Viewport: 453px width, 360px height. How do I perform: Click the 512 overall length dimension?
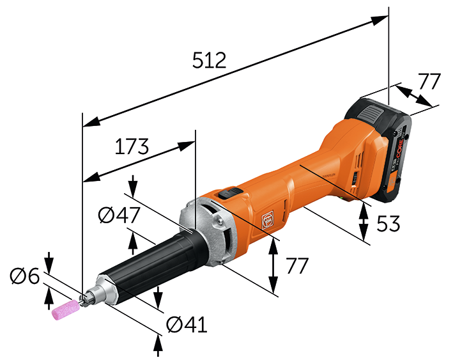point(210,61)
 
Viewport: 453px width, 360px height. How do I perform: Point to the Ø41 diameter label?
point(187,325)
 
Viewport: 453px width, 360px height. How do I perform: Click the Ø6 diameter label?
point(25,276)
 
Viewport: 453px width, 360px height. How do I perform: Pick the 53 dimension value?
point(387,223)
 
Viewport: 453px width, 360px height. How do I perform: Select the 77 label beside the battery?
point(429,82)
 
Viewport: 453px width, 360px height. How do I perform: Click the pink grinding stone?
point(65,309)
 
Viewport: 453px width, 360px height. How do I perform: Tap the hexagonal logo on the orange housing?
point(267,219)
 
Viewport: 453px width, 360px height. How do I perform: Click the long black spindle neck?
point(153,262)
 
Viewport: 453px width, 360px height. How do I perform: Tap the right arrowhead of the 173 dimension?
point(187,145)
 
